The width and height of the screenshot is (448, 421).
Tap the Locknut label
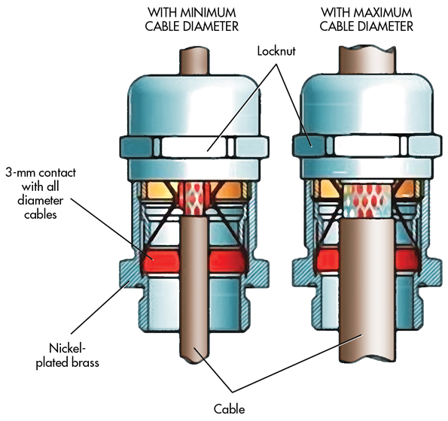click(x=276, y=51)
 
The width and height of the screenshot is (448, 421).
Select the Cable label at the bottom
click(x=230, y=409)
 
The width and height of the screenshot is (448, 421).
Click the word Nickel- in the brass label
click(x=68, y=348)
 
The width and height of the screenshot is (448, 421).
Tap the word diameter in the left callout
click(x=41, y=201)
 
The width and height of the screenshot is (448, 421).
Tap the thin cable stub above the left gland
click(x=194, y=62)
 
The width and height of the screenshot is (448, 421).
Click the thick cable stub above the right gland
click(x=367, y=60)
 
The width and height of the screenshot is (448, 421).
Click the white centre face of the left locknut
click(x=194, y=147)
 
